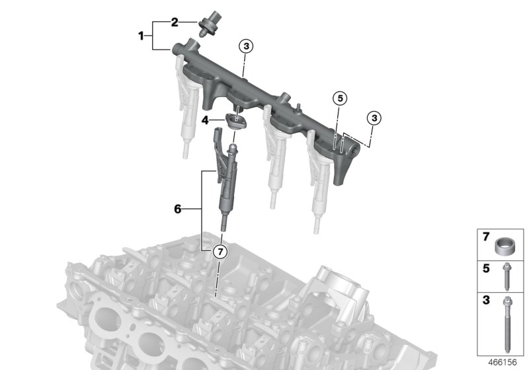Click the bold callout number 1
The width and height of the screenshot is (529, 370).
(141, 36)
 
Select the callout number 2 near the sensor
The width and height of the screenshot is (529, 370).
(175, 22)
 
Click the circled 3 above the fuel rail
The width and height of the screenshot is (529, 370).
(245, 46)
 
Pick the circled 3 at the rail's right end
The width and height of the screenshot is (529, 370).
(374, 118)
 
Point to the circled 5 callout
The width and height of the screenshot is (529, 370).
(340, 98)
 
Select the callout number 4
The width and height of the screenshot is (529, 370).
(206, 120)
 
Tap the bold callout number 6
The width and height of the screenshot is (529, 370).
(177, 209)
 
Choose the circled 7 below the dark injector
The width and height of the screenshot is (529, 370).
(219, 251)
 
